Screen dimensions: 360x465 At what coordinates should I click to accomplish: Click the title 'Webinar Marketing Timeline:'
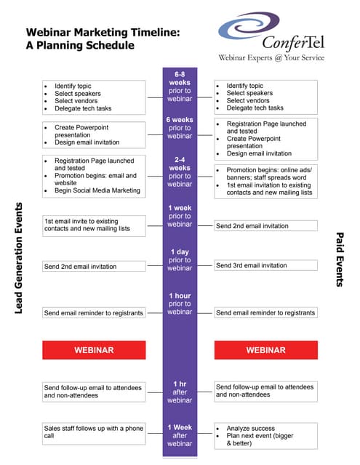click(x=103, y=32)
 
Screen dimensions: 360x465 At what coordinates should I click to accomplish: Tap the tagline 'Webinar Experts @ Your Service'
click(x=271, y=57)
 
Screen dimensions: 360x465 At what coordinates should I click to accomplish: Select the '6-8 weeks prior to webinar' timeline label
click(x=180, y=86)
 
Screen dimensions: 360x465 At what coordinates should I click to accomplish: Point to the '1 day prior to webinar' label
click(x=180, y=259)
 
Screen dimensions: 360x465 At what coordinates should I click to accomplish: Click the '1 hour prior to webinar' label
click(x=180, y=304)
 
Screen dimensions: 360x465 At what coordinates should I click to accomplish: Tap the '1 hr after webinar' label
click(x=180, y=392)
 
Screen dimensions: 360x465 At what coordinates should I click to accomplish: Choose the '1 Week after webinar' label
click(x=180, y=435)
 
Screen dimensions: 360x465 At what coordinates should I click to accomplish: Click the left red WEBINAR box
click(x=94, y=350)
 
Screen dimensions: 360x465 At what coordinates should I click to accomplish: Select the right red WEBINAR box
click(x=265, y=350)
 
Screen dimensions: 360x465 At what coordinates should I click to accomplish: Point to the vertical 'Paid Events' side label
click(x=340, y=259)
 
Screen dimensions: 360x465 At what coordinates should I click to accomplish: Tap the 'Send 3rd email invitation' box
click(x=265, y=265)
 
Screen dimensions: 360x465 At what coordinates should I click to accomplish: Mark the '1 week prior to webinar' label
click(x=180, y=216)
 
